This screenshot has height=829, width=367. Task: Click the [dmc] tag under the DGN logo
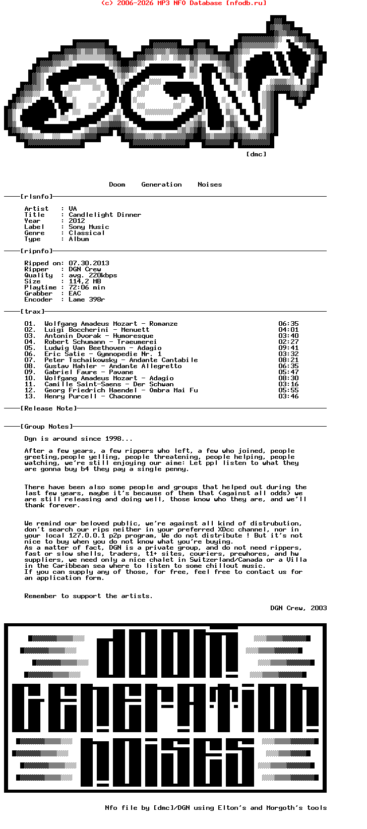pos(256,154)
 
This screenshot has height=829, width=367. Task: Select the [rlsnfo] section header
pos(36,197)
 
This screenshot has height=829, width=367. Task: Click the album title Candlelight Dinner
pos(105,215)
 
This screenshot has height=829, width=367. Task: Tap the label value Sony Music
pos(89,227)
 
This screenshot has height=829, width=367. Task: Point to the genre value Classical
pos(87,233)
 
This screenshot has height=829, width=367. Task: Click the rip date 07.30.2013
pos(89,263)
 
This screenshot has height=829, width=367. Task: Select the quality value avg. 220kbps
pos(93,275)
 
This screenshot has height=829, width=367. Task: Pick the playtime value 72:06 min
pos(87,287)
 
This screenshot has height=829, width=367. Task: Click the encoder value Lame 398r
pos(87,300)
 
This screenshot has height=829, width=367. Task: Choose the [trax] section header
pos(32,312)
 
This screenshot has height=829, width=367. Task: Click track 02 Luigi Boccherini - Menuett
pos(97,330)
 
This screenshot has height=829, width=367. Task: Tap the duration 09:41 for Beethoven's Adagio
pos(288,348)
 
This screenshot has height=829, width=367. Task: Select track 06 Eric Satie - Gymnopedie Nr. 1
pos(103,354)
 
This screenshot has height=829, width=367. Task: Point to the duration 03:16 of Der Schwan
pos(288,384)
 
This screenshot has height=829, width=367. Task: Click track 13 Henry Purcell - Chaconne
pos(93,396)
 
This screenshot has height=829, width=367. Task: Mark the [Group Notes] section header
pos(46,427)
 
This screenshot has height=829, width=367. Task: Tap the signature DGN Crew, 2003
pos(298,608)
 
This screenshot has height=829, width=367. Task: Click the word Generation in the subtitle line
pos(161,185)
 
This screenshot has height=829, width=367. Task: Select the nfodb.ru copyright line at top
pos(183,3)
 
